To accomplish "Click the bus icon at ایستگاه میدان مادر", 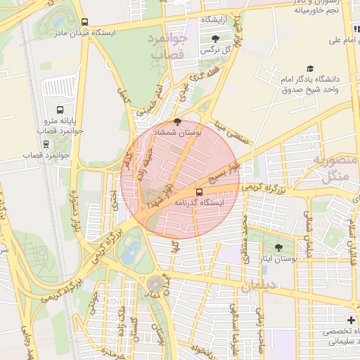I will [85, 22].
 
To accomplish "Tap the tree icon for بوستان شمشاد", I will [186, 121].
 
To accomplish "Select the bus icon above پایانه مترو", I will [60, 110].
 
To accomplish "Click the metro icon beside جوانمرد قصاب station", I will [46, 143].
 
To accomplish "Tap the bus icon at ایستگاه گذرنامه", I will [199, 191].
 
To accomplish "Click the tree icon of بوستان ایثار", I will [279, 247].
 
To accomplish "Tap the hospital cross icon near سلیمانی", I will [351, 320].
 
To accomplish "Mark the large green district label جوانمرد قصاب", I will [167, 45].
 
